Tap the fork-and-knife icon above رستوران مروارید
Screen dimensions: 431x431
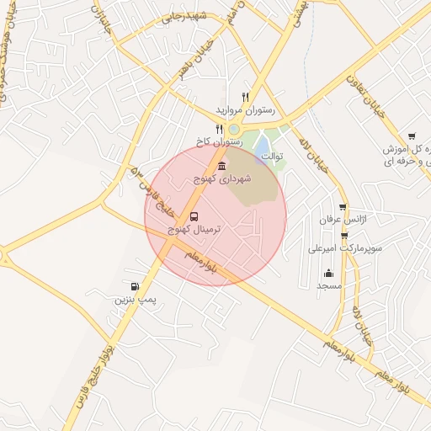pos(246,97)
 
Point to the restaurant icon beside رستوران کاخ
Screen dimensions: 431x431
pos(220,130)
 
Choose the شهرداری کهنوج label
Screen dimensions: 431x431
pos(221,179)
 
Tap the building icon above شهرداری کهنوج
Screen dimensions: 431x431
pos(221,166)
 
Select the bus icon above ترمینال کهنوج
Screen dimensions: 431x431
pos(194,216)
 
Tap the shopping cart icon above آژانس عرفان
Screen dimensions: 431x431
pos(343,207)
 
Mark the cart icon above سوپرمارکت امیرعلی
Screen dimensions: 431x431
pos(344,235)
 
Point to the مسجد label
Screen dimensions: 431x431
pos(327,286)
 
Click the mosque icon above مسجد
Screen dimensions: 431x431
pos(327,273)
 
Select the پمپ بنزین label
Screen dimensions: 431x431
pos(136,299)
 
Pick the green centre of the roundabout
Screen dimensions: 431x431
pos(233,129)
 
